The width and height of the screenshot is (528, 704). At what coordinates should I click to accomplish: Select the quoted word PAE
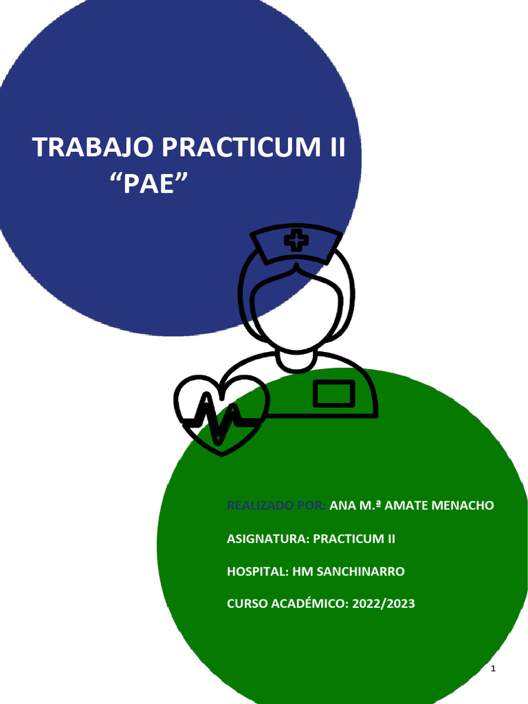coord(150,184)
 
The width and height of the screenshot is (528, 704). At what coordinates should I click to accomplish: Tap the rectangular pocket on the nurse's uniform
coord(334,394)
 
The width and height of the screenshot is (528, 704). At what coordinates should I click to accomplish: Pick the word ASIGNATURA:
coord(267,538)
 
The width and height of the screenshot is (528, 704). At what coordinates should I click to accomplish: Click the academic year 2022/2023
coord(384,604)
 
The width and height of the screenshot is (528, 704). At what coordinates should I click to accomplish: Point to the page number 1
coord(494,670)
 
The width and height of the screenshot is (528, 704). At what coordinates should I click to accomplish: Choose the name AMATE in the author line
coord(406,505)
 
